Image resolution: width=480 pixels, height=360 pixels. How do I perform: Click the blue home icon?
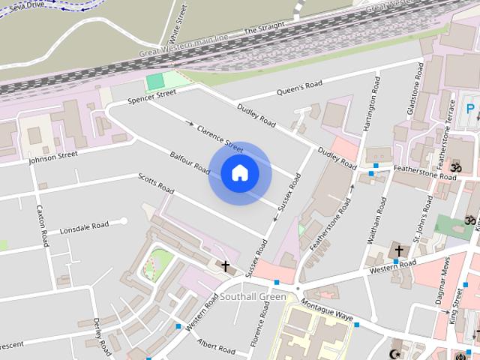click(x=240, y=173)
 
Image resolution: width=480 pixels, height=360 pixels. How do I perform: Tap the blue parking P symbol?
click(x=471, y=109)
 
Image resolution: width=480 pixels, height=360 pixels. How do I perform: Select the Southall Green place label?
click(x=253, y=297)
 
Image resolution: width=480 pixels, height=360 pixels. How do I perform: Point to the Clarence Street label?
click(x=219, y=139)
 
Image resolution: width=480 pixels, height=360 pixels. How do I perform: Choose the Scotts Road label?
click(x=156, y=182)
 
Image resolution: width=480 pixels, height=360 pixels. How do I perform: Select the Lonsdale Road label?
click(x=84, y=226)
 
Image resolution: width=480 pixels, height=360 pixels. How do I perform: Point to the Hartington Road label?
click(x=370, y=105)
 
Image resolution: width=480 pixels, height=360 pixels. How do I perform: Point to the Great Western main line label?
click(x=184, y=46)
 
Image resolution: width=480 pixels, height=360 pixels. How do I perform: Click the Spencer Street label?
click(x=151, y=97)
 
